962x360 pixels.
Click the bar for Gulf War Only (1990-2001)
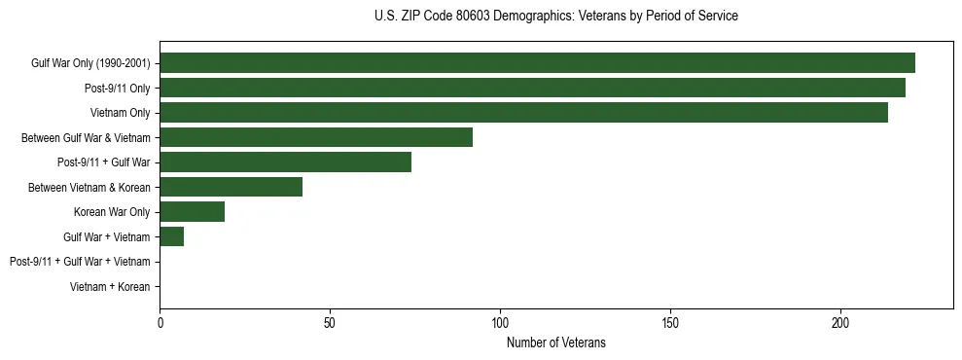click(537, 63)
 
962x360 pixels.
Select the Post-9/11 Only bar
click(532, 88)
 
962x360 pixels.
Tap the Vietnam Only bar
click(523, 113)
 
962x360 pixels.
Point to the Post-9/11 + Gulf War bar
click(285, 162)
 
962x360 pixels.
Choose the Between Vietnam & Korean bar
click(231, 187)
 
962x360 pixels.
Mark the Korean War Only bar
click(192, 212)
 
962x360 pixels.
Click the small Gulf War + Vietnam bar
click(171, 236)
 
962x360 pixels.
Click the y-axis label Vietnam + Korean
click(110, 287)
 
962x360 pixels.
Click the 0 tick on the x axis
click(160, 321)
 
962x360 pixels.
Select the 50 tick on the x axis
click(330, 321)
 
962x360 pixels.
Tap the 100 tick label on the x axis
click(500, 321)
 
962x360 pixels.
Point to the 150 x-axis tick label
click(670, 321)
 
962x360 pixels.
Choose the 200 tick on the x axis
click(840, 321)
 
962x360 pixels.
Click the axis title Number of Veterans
click(555, 342)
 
